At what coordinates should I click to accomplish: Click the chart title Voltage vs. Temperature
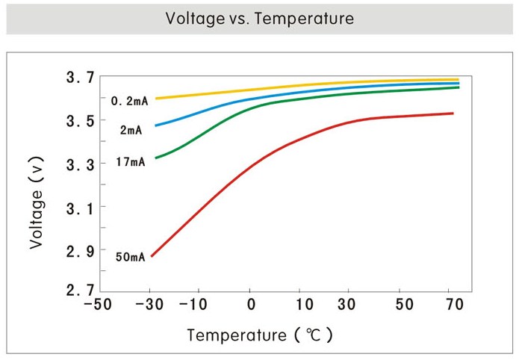[259, 18]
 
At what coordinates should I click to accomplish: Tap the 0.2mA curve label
[130, 101]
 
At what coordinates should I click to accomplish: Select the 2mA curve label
[131, 130]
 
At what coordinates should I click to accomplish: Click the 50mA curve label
[130, 258]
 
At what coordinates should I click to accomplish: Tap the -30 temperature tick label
[151, 305]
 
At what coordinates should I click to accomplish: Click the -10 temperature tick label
[198, 305]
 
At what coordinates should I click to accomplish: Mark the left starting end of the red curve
[152, 256]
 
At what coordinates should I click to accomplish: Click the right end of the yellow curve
[458, 79]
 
